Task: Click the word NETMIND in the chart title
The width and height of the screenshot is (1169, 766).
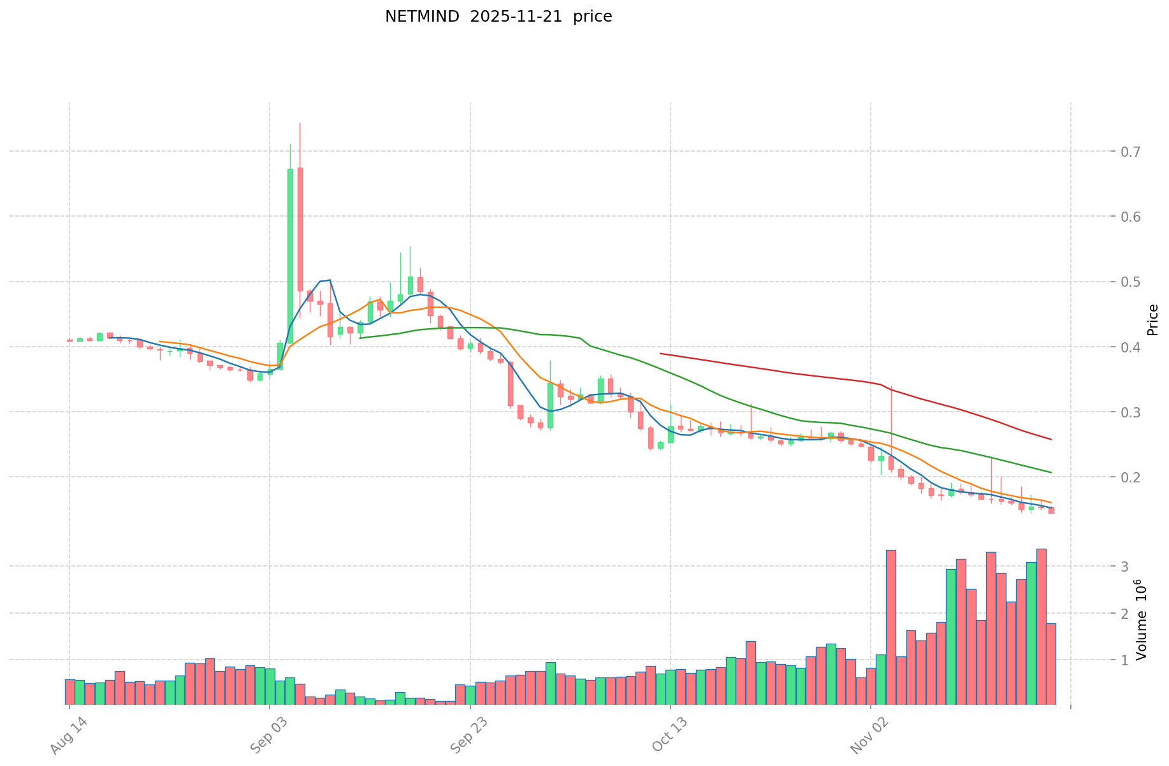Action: [x=422, y=17]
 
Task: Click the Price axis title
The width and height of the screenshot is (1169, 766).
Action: [x=1152, y=320]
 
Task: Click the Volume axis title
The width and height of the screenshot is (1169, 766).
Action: [x=1141, y=620]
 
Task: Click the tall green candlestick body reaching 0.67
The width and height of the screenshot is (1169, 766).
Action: [x=290, y=255]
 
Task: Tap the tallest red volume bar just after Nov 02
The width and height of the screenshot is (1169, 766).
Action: [x=891, y=627]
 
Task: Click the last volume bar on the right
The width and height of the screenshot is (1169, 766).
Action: [x=1051, y=663]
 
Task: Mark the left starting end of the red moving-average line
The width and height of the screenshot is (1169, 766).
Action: [x=660, y=353]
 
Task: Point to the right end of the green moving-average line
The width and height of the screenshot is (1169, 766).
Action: [x=1051, y=472]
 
